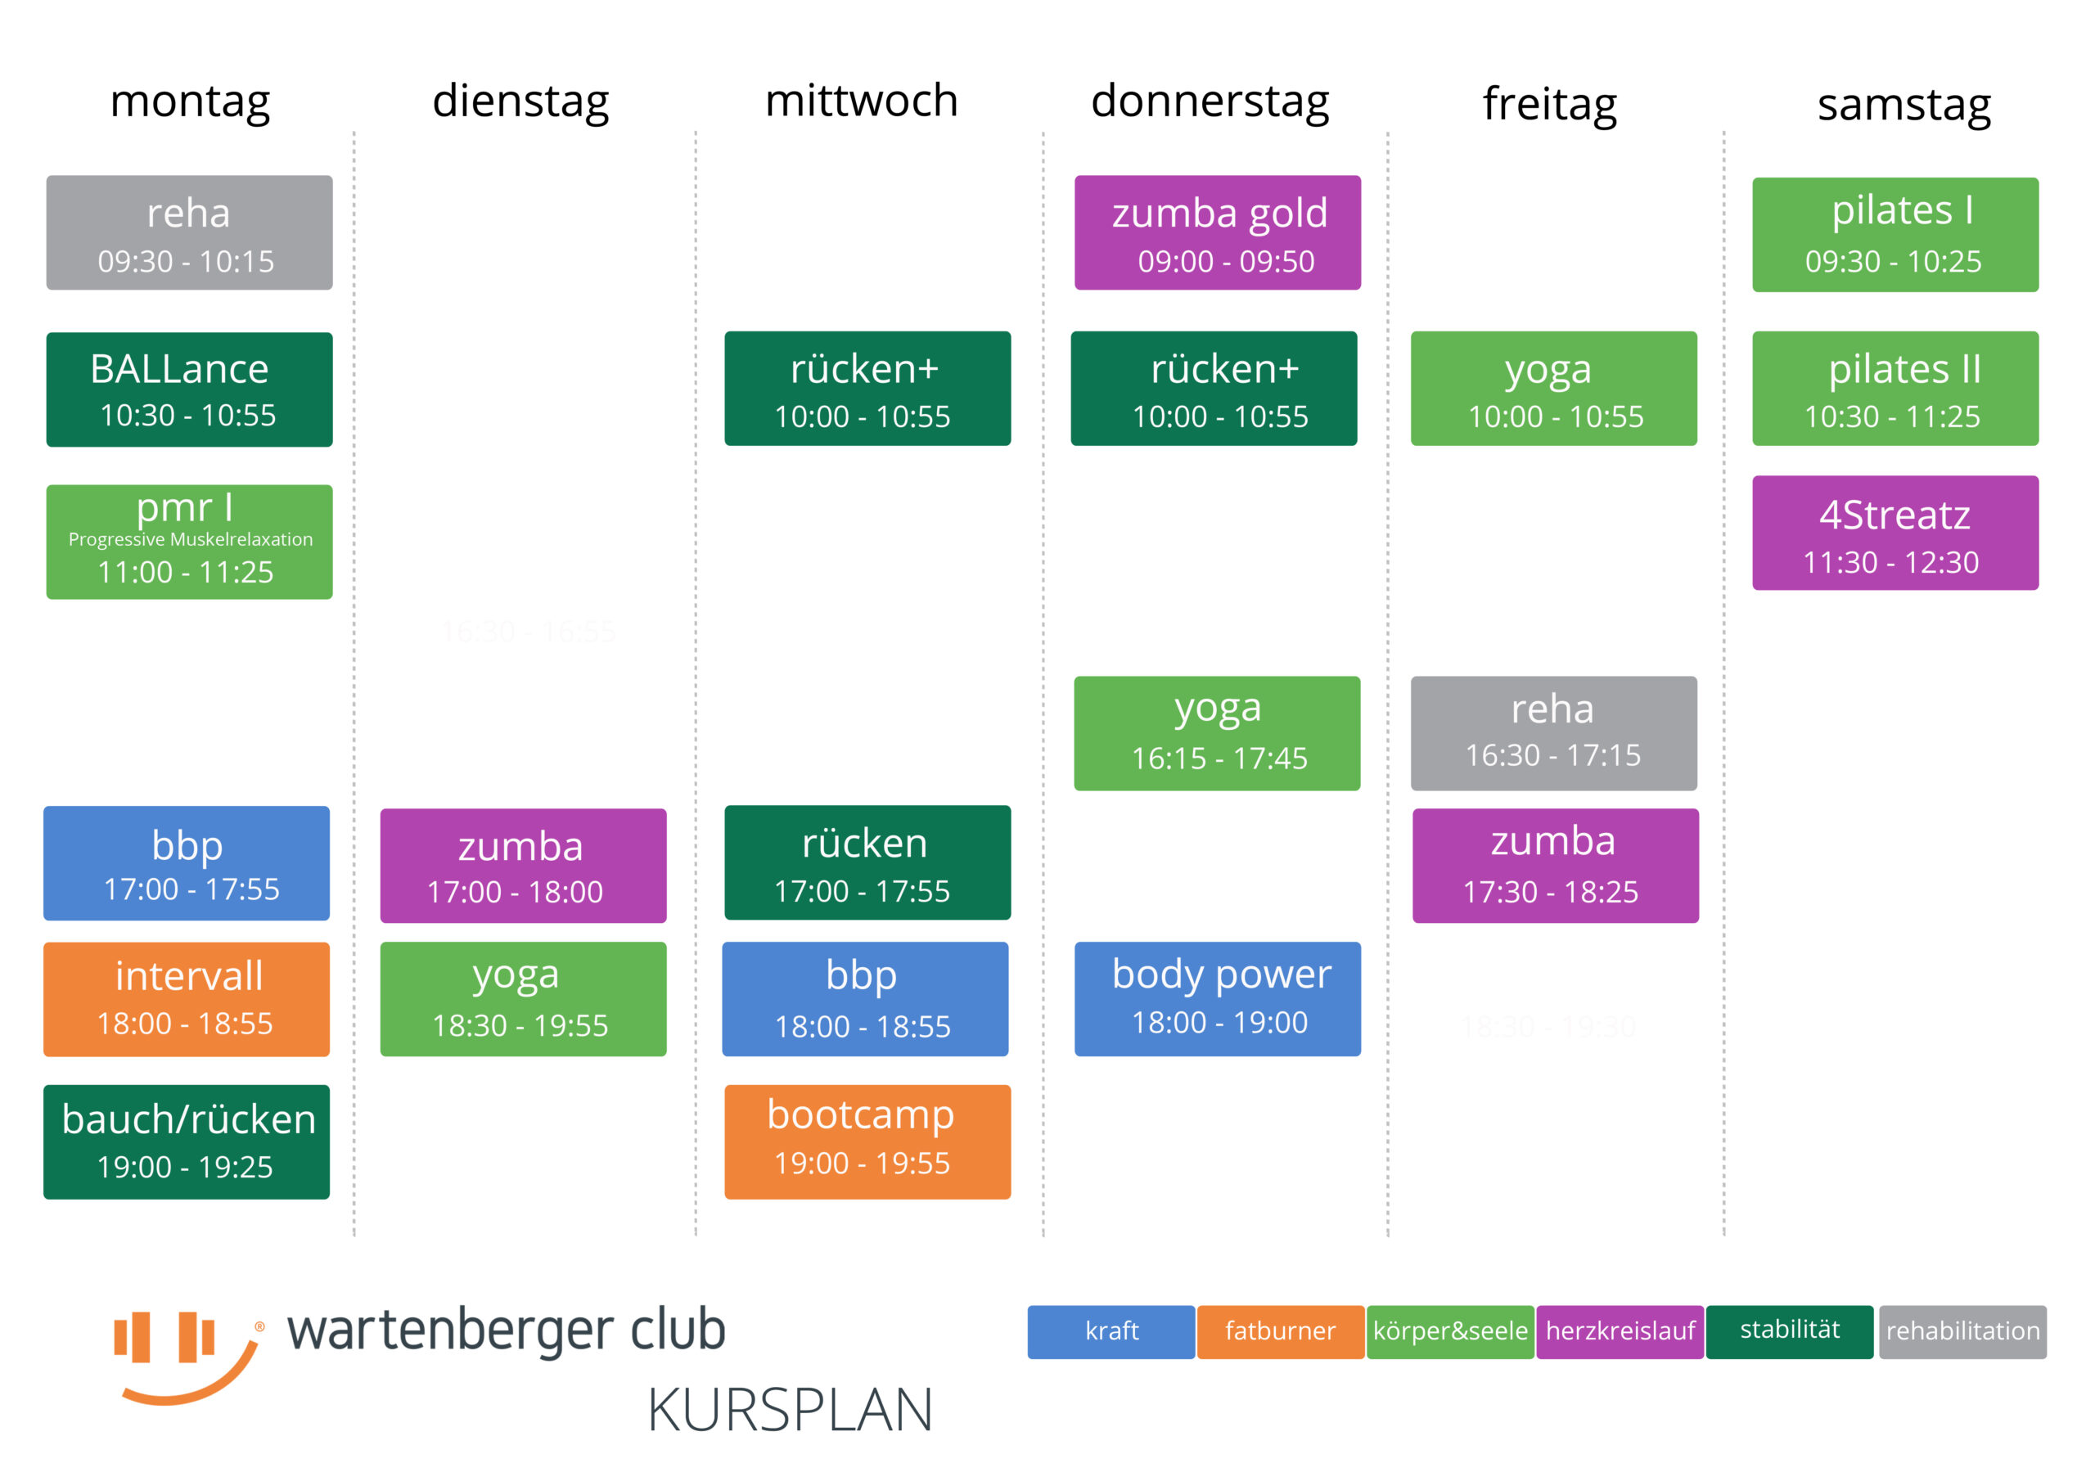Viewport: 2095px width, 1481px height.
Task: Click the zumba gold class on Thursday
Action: pyautogui.click(x=1217, y=232)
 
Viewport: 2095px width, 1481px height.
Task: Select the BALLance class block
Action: pyautogui.click(x=189, y=389)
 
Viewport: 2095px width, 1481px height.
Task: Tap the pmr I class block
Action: pyautogui.click(x=189, y=542)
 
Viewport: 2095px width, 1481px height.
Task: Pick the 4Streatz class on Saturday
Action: pyautogui.click(x=1895, y=533)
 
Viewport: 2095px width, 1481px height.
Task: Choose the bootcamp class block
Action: pyautogui.click(x=867, y=1141)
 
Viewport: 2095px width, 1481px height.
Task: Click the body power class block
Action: pyautogui.click(x=1217, y=999)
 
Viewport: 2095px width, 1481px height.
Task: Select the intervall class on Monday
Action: pyautogui.click(x=186, y=999)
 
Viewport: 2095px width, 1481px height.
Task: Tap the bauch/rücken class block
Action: pyautogui.click(x=186, y=1141)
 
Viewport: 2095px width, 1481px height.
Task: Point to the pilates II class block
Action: pyautogui.click(x=1895, y=389)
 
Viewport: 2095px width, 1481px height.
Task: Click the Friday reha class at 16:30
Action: pyautogui.click(x=1554, y=734)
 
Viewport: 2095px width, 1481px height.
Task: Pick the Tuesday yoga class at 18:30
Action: pyautogui.click(x=523, y=999)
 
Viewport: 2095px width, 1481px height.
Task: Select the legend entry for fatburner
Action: pyautogui.click(x=1280, y=1332)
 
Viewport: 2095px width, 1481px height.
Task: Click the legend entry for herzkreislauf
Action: pyautogui.click(x=1620, y=1332)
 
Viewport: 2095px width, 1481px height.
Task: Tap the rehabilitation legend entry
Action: pyautogui.click(x=1962, y=1332)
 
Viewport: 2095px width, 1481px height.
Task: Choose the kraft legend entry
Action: pyautogui.click(x=1111, y=1332)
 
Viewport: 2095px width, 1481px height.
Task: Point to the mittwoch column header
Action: pyautogui.click(x=862, y=101)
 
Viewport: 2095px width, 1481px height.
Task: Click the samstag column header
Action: pyautogui.click(x=1904, y=106)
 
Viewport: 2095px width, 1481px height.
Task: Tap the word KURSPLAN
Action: pyautogui.click(x=791, y=1410)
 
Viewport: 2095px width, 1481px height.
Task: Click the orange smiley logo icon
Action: pyautogui.click(x=188, y=1357)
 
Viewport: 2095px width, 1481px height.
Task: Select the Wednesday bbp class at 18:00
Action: pyautogui.click(x=865, y=999)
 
